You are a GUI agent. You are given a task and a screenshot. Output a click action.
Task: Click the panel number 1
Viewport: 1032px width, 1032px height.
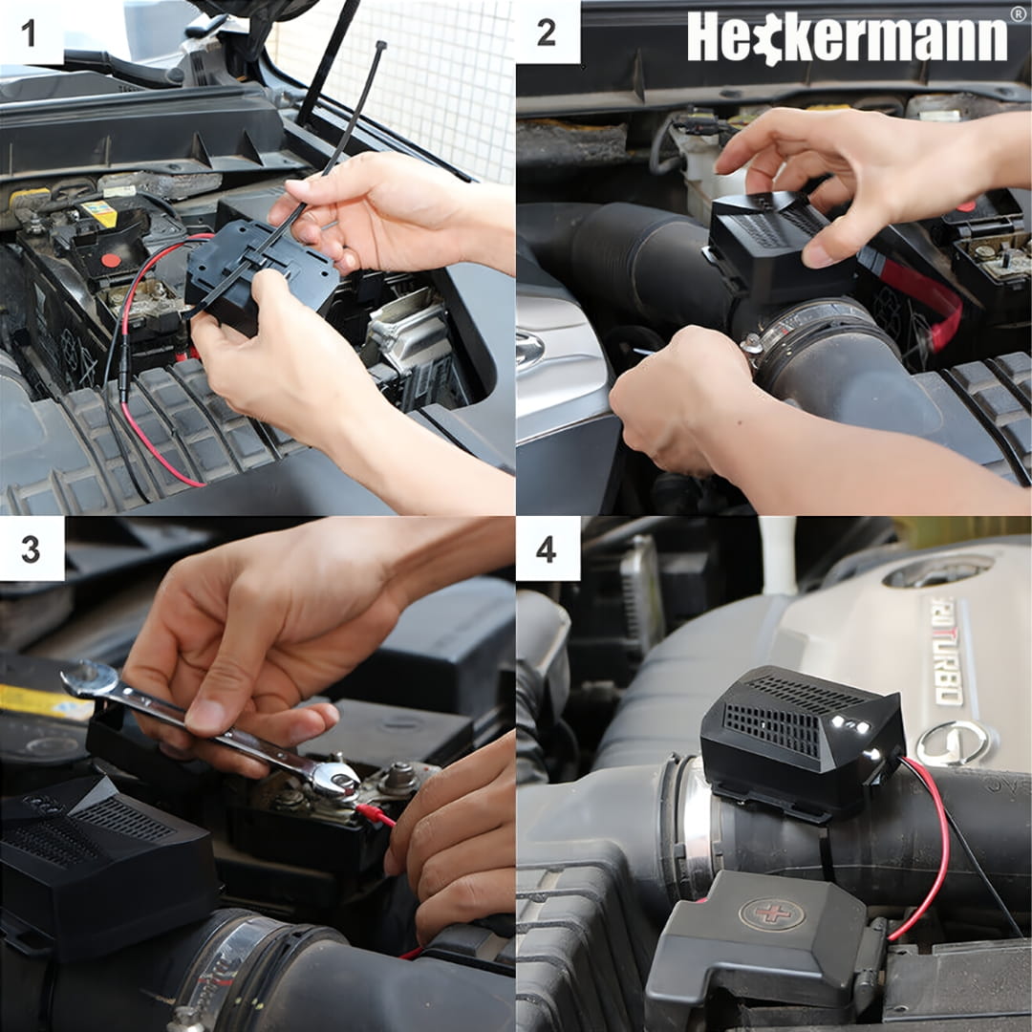[x=29, y=32]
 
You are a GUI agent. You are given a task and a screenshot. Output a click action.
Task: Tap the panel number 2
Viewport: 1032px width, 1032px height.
[x=547, y=32]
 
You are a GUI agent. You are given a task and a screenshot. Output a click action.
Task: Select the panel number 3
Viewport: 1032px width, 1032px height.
[x=31, y=548]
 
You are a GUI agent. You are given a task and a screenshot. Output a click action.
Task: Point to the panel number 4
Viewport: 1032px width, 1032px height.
[x=547, y=548]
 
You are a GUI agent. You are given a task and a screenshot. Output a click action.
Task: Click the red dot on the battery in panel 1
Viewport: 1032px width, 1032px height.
[x=111, y=260]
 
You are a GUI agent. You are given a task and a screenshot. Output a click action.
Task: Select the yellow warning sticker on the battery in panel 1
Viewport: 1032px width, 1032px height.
[x=99, y=212]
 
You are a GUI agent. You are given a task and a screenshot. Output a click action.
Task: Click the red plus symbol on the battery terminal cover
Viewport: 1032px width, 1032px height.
[x=772, y=914]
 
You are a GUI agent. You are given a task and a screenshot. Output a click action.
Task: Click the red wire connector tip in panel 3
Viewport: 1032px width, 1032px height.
[x=376, y=815]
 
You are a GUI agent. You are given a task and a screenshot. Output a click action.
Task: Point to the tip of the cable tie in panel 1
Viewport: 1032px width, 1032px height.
[x=380, y=46]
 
